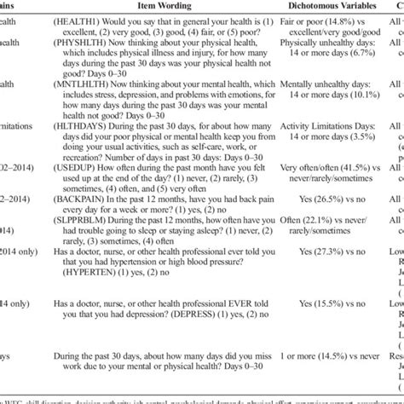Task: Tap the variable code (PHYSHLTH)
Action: tap(103, 61)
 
